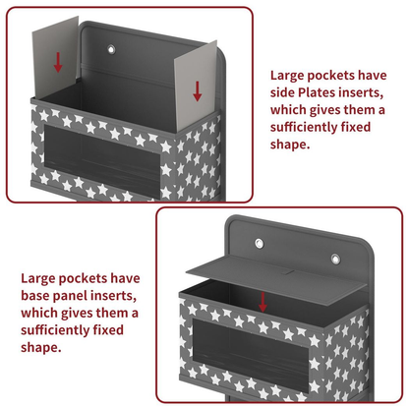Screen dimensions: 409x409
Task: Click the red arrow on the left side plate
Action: [x=58, y=62]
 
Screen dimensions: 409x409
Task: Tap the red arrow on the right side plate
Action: [x=197, y=91]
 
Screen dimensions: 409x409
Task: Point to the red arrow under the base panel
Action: [x=263, y=302]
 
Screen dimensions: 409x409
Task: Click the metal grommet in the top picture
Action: [x=111, y=49]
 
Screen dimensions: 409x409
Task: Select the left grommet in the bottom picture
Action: [x=260, y=243]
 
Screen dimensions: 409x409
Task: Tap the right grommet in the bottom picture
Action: [x=335, y=260]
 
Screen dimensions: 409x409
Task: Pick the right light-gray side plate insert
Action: [x=196, y=86]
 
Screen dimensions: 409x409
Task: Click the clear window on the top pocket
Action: [x=102, y=161]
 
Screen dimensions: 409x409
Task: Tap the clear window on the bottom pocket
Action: [x=251, y=355]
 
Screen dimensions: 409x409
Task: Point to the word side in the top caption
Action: [x=282, y=92]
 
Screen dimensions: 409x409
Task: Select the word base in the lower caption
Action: [x=35, y=296]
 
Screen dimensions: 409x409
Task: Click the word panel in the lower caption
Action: [x=70, y=296]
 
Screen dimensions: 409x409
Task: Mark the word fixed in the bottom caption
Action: [x=108, y=329]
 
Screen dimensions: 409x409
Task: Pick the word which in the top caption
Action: [x=288, y=110]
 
